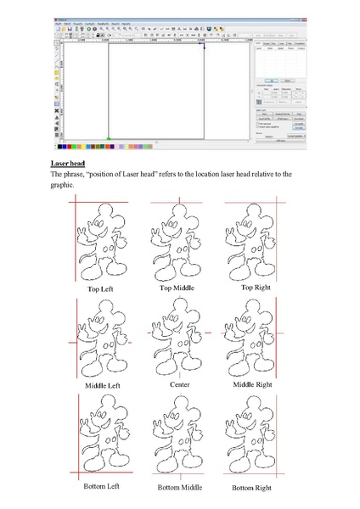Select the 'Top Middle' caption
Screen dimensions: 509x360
(177, 288)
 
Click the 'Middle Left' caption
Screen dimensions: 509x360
(102, 386)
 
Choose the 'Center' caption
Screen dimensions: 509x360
(179, 384)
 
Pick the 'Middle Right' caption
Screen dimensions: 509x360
(253, 384)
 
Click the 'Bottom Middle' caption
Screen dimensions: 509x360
(179, 488)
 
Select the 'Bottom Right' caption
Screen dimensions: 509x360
(252, 488)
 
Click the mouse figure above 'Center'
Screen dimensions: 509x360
(177, 340)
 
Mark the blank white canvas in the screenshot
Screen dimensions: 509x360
(155, 89)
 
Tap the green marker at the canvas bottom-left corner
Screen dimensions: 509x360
(108, 137)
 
